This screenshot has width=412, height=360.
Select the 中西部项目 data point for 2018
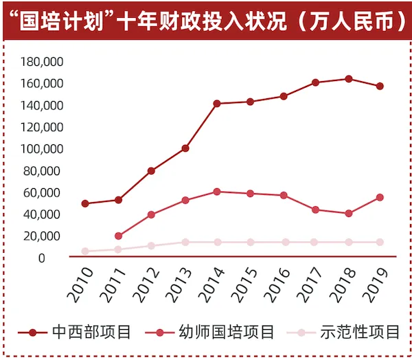[349, 79]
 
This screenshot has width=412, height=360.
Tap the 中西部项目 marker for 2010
[85, 203]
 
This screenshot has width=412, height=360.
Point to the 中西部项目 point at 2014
[217, 104]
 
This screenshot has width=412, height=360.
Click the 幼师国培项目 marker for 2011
[118, 236]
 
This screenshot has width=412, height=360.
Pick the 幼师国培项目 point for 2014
[217, 192]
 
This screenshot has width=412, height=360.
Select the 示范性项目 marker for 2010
[85, 251]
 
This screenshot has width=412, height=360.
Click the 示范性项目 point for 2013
[184, 242]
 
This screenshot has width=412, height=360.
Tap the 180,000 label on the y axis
[42, 62]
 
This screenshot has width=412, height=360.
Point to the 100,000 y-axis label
[42, 149]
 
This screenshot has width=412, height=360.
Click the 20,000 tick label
[45, 236]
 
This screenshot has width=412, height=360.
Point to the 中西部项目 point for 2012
[151, 171]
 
